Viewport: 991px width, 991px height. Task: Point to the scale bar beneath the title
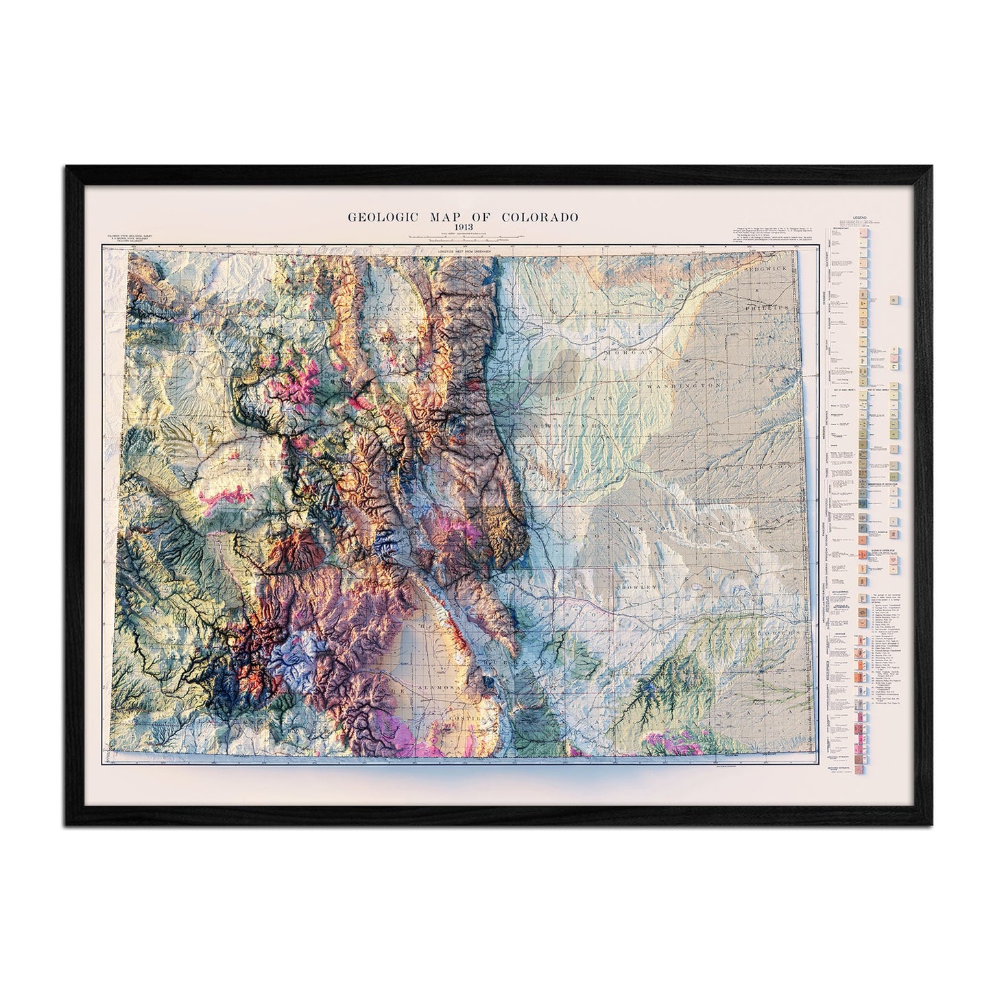click(463, 238)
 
